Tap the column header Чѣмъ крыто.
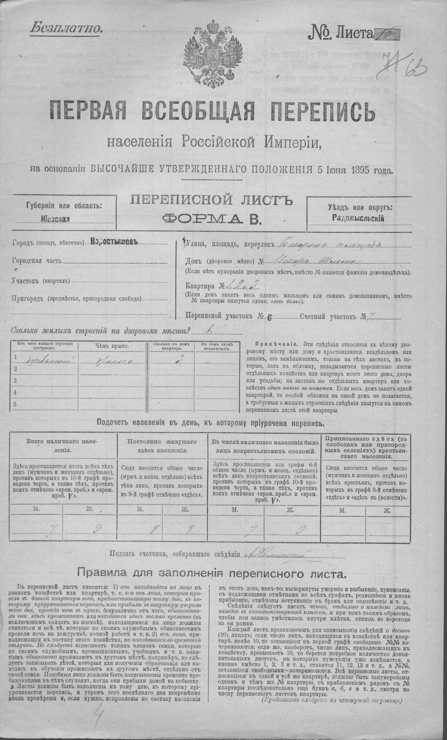110,346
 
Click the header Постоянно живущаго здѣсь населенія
162,446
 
